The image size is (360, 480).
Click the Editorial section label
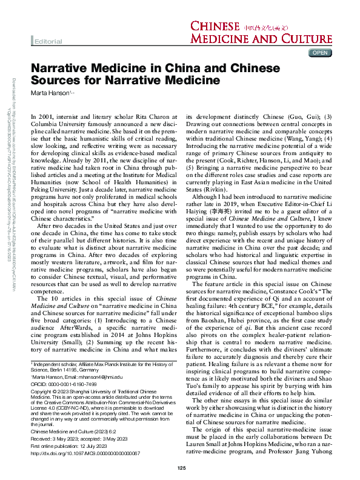click(x=48, y=41)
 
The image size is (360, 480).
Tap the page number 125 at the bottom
click(x=181, y=468)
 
